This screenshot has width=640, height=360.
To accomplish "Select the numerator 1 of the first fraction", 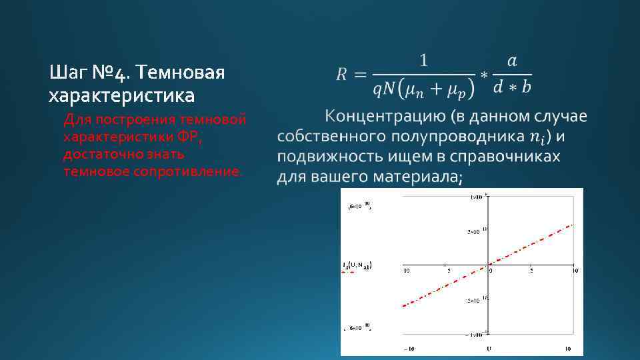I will coord(423,61).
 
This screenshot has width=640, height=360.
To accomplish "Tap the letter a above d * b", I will coord(511,61).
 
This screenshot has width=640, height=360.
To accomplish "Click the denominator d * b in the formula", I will coord(512,87).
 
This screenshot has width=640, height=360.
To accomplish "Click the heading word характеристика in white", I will coord(122,96).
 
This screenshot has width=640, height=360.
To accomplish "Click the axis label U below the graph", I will coord(488,348).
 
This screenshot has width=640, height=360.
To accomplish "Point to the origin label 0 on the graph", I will coord(492,270).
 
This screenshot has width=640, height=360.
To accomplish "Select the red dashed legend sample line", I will coord(348,272).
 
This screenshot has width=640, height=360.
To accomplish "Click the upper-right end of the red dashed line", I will coord(571,225).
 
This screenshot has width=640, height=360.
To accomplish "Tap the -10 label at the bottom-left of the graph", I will coord(408,349).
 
